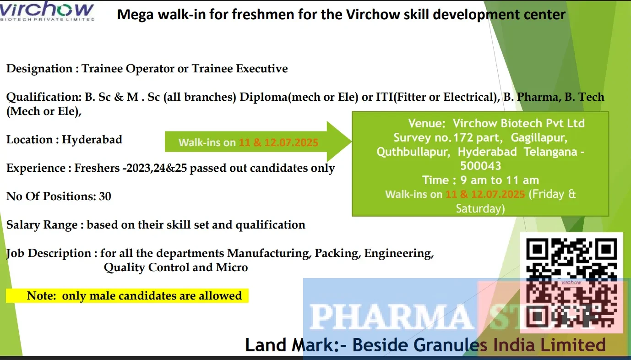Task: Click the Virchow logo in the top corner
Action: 47,11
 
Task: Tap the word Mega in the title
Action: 135,15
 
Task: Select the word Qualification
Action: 44,98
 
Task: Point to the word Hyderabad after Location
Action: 92,139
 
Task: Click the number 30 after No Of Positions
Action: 105,196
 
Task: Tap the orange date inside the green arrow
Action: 278,142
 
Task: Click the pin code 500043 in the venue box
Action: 480,166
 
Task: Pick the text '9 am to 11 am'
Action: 500,180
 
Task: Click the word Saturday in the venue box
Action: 480,209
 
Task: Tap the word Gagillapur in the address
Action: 539,138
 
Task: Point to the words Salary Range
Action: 42,225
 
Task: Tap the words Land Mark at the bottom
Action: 292,345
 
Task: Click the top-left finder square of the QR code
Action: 537,249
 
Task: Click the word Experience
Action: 36,168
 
